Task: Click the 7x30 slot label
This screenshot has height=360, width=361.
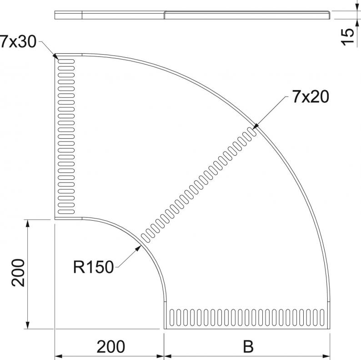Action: pos(18,41)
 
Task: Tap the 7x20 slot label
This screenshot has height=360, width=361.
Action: pos(311,96)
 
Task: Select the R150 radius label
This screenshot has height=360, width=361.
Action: pos(93,267)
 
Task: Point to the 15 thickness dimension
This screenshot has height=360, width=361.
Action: pos(347,37)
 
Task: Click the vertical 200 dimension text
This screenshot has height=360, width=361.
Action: pos(18,273)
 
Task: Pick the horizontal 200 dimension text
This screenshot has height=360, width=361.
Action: pos(111,346)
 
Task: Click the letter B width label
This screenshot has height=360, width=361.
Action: pos(248,346)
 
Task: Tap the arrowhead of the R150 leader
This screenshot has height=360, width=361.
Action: pos(138,248)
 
